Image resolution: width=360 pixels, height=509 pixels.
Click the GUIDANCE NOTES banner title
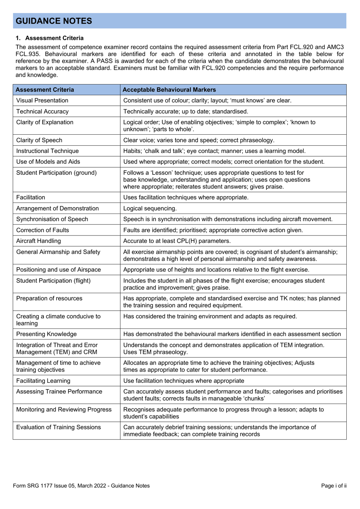54,21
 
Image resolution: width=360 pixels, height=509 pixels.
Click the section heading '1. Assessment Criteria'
50,38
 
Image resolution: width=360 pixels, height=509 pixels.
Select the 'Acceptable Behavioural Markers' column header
169,90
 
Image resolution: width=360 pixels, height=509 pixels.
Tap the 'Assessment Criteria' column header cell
45,90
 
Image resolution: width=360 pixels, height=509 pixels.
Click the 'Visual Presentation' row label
42,101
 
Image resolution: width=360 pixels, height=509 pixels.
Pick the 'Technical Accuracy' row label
42,112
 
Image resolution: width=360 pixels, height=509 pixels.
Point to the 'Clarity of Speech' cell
39,140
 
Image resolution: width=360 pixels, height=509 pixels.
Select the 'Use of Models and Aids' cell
48,162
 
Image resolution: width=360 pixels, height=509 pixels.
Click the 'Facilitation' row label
31,198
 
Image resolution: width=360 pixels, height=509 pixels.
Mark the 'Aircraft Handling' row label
39,241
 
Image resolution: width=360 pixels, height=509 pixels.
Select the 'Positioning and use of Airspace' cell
59,270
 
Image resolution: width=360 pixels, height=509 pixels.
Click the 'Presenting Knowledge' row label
47,334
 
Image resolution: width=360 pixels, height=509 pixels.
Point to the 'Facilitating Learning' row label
43,381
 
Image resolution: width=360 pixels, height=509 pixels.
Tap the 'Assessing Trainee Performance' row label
59,392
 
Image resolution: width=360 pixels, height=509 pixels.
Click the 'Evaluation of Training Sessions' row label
59,427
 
